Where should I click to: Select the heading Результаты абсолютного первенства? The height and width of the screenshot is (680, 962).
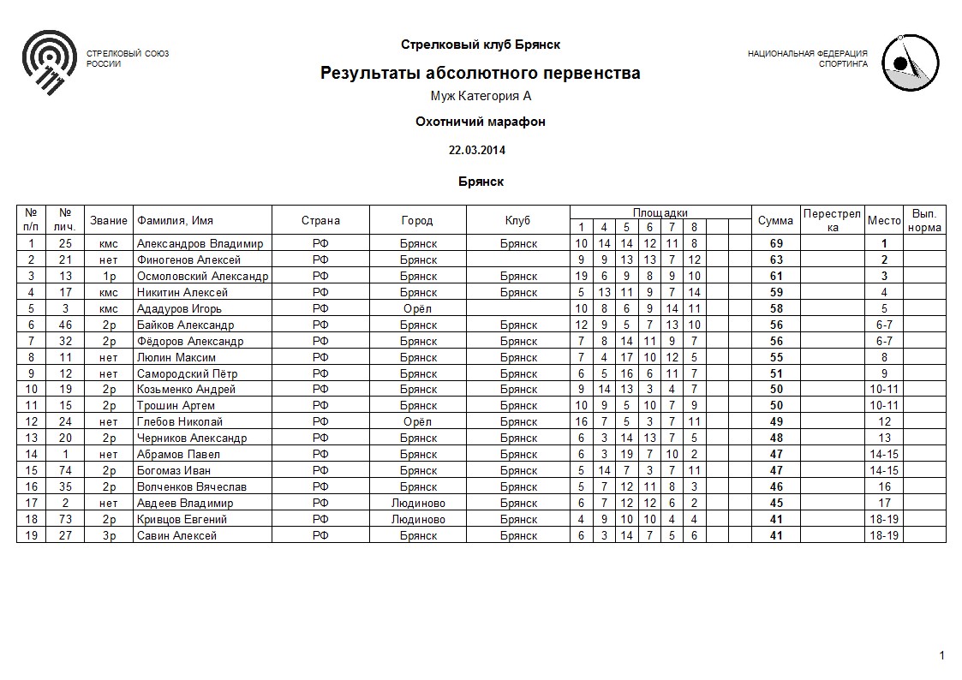(x=480, y=74)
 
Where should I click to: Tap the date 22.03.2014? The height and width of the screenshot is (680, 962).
(x=477, y=150)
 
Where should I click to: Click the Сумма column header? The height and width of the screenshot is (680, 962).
(x=775, y=221)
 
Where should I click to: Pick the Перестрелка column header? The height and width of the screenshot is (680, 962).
(x=832, y=220)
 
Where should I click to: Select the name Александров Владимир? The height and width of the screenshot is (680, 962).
(x=200, y=243)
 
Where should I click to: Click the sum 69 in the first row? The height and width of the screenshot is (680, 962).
(x=776, y=243)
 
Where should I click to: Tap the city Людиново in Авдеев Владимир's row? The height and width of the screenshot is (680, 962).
(x=418, y=504)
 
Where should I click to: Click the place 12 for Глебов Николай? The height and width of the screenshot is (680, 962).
(x=884, y=422)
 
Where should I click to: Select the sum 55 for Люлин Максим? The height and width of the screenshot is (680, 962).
(x=776, y=357)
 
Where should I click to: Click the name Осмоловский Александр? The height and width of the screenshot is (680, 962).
(x=202, y=276)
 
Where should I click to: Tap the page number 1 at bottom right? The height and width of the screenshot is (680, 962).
(x=941, y=656)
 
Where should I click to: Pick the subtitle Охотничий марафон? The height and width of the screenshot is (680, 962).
(x=480, y=122)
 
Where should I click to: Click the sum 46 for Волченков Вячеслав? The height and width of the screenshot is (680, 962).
(x=776, y=487)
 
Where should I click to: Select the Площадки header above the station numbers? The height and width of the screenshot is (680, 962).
(x=660, y=212)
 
